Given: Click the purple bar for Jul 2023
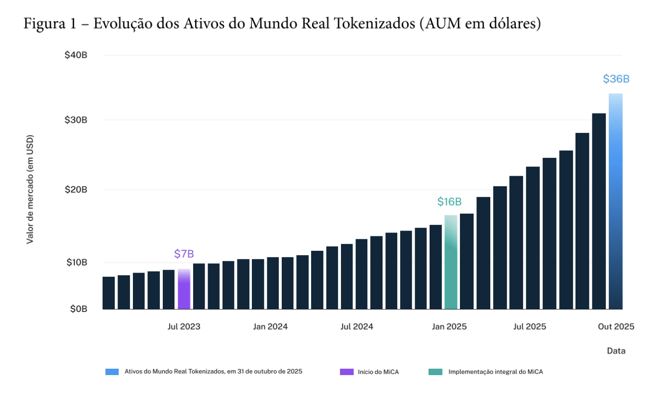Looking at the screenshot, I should pyautogui.click(x=184, y=289).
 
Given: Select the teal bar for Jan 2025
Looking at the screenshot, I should pyautogui.click(x=451, y=262).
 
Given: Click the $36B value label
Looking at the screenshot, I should pyautogui.click(x=616, y=79).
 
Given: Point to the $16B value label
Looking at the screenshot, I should pyautogui.click(x=449, y=202).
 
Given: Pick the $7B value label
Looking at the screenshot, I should pyautogui.click(x=184, y=254).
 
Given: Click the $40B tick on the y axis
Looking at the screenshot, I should pyautogui.click(x=76, y=55).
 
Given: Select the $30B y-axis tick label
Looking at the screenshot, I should pyautogui.click(x=76, y=120).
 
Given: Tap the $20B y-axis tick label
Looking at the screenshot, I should pyautogui.click(x=76, y=190).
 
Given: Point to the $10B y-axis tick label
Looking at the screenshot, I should pyautogui.click(x=76, y=262).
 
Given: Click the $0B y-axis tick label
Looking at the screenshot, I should pyautogui.click(x=77, y=309).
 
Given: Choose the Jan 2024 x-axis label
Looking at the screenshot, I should pyautogui.click(x=270, y=327).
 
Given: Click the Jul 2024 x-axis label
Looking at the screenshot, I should pyautogui.click(x=357, y=327).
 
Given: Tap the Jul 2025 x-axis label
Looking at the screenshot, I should pyautogui.click(x=530, y=327).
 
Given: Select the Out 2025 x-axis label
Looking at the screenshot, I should pyautogui.click(x=616, y=327).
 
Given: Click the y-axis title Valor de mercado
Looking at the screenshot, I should pyautogui.click(x=30, y=189).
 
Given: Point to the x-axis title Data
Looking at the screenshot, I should pyautogui.click(x=616, y=351).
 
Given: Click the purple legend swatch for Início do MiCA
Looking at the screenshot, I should pyautogui.click(x=346, y=372).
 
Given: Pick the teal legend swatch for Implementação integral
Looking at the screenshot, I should pyautogui.click(x=435, y=372).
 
